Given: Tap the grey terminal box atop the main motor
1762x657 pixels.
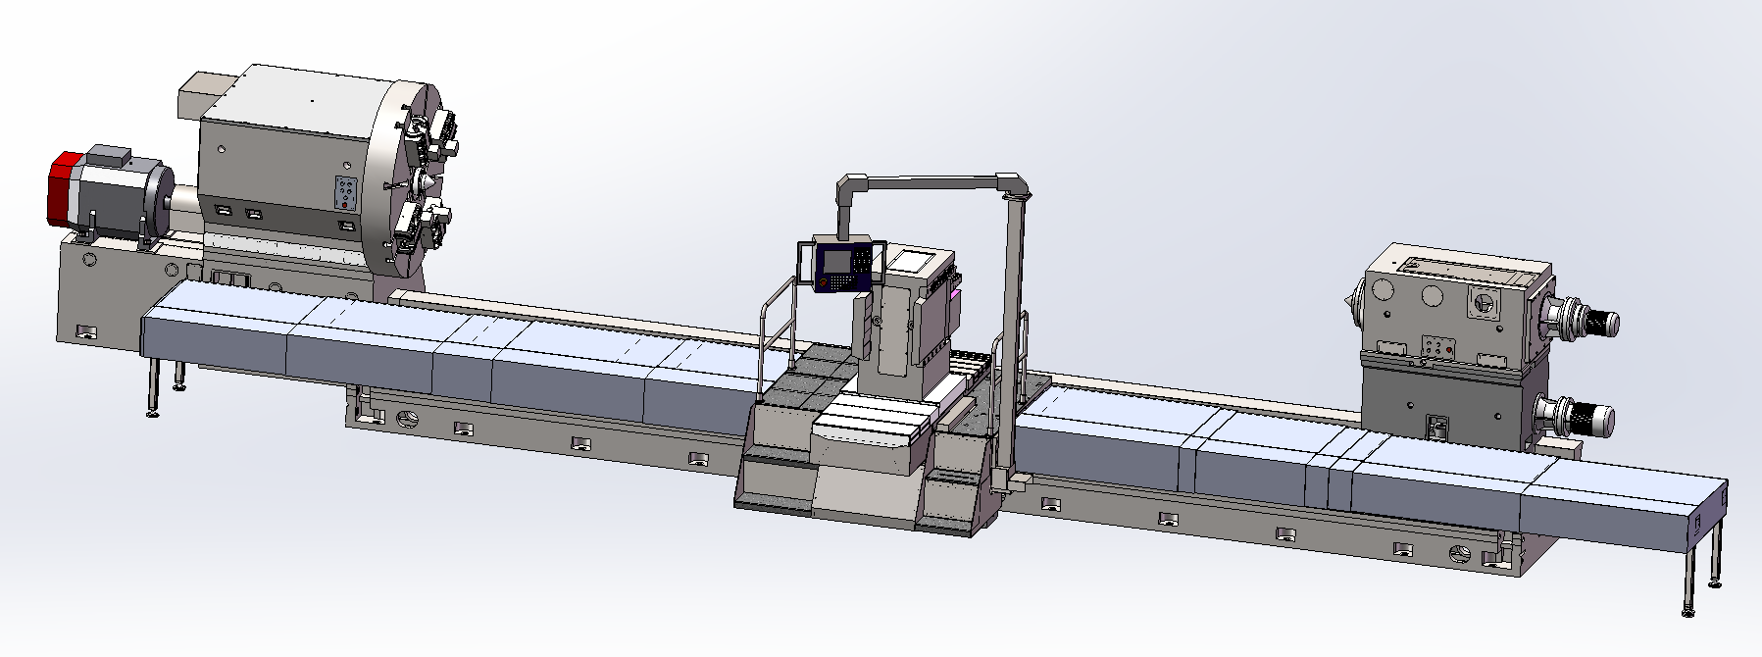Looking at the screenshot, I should [109, 155].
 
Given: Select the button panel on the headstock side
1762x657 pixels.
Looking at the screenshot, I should [346, 193].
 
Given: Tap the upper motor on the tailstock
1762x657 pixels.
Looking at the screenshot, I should [1581, 320].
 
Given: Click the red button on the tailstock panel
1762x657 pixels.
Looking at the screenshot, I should [1449, 350].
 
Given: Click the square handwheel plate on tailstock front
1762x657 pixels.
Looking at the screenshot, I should [1482, 304].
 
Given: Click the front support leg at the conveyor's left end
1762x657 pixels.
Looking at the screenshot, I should [153, 387].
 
